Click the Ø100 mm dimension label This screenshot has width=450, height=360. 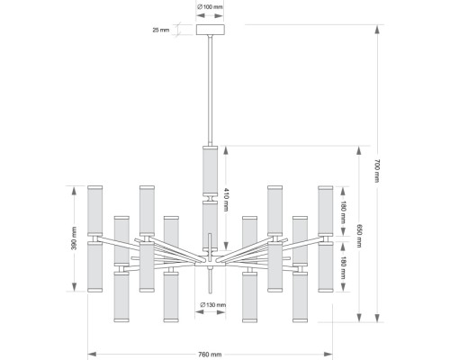click(x=210, y=6)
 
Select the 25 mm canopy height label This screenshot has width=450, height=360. click(x=161, y=30)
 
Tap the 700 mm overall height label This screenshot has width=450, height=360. click(x=377, y=171)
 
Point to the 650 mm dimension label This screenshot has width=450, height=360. click(x=359, y=236)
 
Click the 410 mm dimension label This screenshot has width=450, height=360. click(x=227, y=200)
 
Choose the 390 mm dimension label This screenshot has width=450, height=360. click(x=74, y=238)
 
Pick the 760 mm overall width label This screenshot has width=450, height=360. click(x=210, y=355)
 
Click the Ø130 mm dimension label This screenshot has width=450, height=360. click(x=212, y=305)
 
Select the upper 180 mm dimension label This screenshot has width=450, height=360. click(x=343, y=212)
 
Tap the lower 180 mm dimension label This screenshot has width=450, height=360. click(x=343, y=268)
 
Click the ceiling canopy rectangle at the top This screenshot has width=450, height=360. click(x=211, y=30)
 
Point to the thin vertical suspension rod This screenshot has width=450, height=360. click(x=211, y=90)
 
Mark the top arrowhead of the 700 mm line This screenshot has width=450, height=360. click(x=377, y=30)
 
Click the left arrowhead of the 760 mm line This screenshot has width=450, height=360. click(x=92, y=355)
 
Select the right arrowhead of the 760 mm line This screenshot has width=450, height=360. click(x=328, y=355)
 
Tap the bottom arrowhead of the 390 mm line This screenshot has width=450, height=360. click(x=74, y=286)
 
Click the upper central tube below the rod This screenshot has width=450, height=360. click(x=210, y=171)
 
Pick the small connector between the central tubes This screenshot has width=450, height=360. click(x=210, y=199)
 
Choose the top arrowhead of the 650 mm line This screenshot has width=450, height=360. click(x=359, y=150)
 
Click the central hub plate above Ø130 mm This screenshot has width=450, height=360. click(x=210, y=265)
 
